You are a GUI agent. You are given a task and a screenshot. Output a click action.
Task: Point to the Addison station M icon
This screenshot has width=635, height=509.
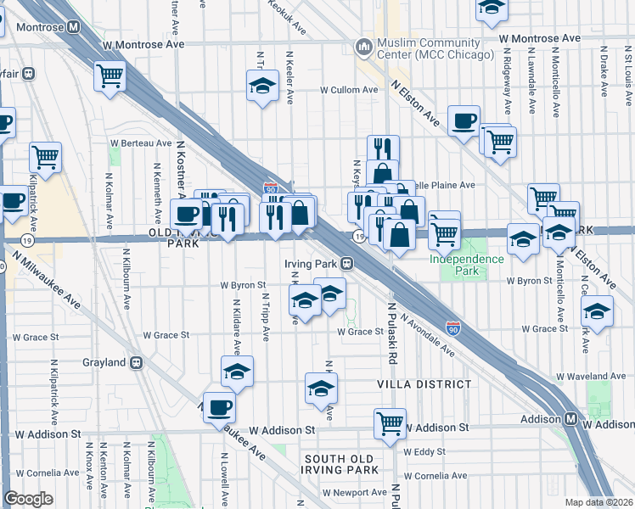click(572, 419)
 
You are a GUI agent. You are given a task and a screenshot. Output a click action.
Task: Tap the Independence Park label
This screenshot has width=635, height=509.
click(466, 264)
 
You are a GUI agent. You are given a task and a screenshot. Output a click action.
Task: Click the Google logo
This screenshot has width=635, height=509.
click(28, 499)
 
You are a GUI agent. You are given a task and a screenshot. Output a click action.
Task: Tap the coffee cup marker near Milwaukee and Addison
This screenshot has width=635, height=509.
click(219, 407)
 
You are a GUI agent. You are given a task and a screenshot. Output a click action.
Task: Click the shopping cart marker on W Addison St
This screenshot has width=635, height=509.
click(390, 422)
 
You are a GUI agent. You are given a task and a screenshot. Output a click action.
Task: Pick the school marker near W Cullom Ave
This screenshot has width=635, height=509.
click(262, 86)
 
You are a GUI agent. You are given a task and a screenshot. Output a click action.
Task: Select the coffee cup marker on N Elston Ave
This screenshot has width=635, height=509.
click(464, 121)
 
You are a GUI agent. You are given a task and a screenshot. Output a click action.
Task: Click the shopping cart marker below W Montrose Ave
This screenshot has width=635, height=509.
click(110, 76)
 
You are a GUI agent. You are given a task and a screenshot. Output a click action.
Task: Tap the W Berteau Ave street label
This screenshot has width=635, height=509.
click(140, 144)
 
